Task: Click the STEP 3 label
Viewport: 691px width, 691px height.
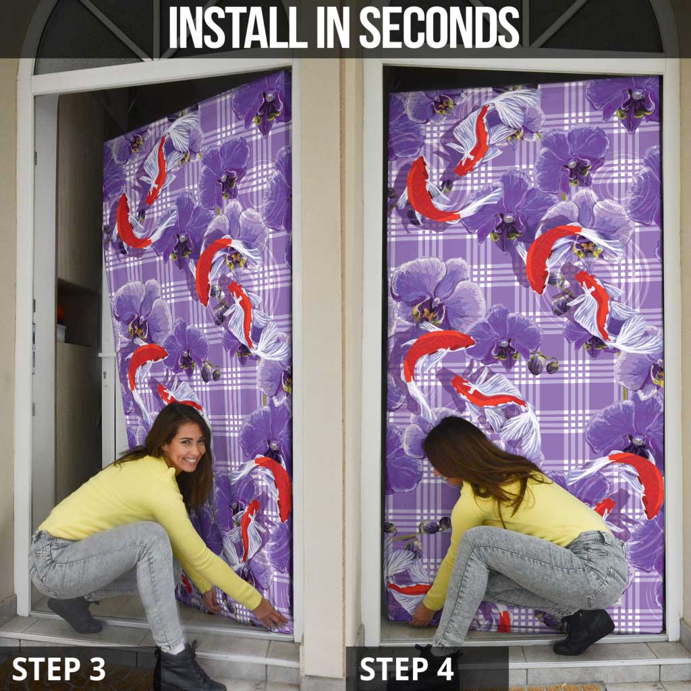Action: click(x=59, y=669)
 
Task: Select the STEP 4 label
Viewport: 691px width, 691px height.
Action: click(x=407, y=669)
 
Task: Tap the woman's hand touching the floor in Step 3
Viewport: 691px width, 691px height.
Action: click(x=271, y=615)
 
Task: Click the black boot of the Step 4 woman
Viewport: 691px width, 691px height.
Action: click(x=584, y=632)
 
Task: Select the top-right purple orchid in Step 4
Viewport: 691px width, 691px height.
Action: click(x=624, y=101)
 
